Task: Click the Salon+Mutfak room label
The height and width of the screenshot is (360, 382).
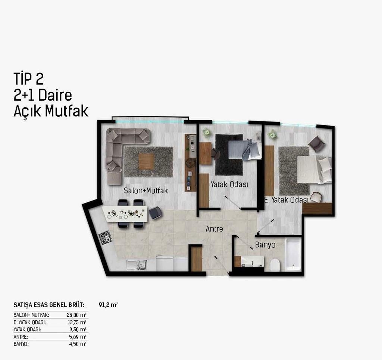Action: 146,190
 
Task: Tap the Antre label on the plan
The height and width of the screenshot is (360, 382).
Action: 214,229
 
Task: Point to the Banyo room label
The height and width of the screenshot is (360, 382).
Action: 265,245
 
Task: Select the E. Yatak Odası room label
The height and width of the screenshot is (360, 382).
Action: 286,200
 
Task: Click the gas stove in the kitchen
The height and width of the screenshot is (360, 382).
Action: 105,238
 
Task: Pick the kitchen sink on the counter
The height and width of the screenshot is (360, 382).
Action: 137,265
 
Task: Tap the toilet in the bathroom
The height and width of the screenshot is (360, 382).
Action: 275,265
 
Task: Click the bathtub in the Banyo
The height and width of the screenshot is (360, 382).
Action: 293,255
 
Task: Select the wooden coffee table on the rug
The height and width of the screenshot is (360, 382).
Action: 146,161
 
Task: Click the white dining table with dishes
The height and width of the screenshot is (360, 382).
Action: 125,214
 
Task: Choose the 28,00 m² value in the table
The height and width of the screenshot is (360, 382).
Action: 76,315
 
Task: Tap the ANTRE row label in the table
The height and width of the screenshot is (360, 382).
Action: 21,337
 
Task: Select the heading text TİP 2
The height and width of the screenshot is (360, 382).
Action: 28,78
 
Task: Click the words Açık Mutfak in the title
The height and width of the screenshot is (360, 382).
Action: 51,111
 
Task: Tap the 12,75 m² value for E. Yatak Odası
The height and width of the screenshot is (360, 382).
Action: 77,322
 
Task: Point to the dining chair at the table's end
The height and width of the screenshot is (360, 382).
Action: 155,213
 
